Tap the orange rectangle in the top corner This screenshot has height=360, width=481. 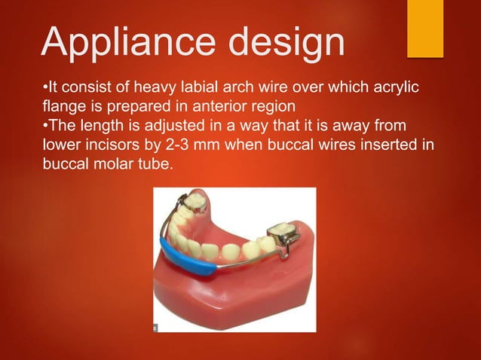[424, 28]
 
